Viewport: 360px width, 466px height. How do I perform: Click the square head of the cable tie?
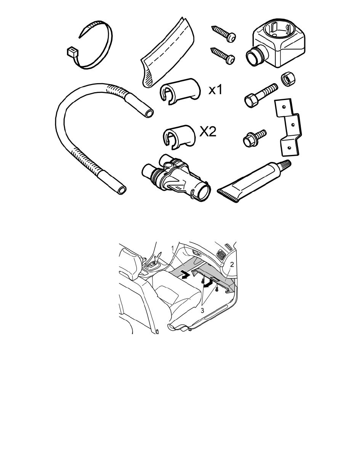pyautogui.click(x=72, y=52)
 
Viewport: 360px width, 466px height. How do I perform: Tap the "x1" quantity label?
pyautogui.click(x=216, y=89)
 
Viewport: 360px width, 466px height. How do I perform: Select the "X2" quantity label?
pyautogui.click(x=208, y=131)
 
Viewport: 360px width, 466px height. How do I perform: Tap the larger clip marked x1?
pyautogui.click(x=179, y=91)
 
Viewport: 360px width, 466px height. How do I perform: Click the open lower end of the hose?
pyautogui.click(x=122, y=190)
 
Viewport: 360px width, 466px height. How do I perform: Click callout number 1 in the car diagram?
pyautogui.click(x=173, y=247)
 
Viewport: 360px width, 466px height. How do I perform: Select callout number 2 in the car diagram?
pyautogui.click(x=232, y=264)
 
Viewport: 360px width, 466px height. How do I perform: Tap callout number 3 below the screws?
pyautogui.click(x=202, y=311)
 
